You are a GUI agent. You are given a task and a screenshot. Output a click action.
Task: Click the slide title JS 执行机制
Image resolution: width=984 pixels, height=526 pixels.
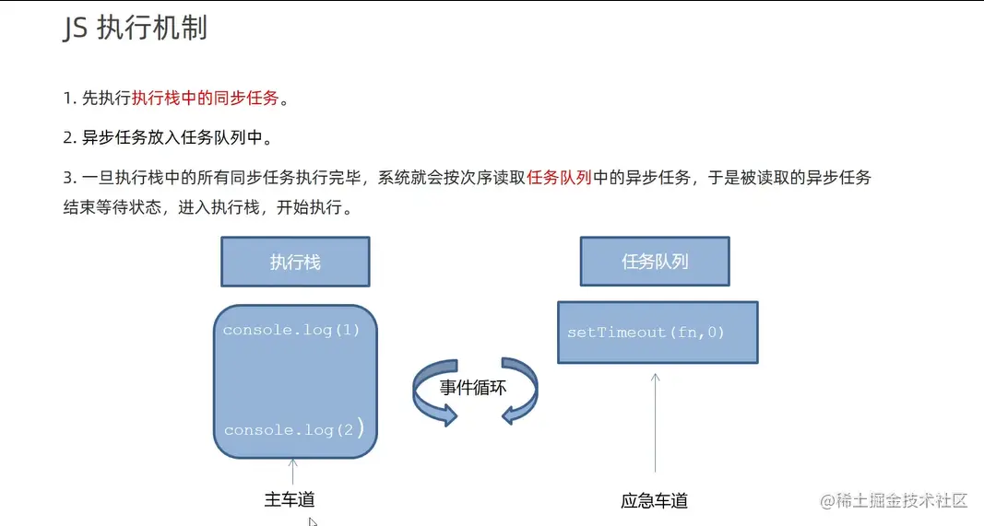(x=135, y=29)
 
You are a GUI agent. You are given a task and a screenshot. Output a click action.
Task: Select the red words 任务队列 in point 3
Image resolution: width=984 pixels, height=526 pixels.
(x=560, y=178)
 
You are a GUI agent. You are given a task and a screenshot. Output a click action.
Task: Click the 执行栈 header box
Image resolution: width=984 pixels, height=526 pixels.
(x=295, y=262)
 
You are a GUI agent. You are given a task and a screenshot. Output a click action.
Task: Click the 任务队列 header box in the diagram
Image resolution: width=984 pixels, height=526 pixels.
(x=655, y=262)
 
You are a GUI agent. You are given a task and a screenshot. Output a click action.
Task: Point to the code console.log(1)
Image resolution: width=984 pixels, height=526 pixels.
(x=291, y=330)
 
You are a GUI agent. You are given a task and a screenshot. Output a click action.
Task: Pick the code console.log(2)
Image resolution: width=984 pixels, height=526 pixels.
(x=293, y=430)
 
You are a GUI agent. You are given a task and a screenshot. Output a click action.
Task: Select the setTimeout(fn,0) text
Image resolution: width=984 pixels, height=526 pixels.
(x=646, y=332)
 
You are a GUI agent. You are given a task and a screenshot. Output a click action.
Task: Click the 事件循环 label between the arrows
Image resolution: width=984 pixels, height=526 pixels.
(x=473, y=387)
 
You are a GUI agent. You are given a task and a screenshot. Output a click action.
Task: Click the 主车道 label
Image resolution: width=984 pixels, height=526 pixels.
(x=290, y=500)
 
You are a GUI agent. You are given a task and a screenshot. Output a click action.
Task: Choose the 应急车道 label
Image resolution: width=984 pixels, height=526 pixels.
(x=655, y=501)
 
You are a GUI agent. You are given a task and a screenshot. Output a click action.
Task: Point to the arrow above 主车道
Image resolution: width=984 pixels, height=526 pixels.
(x=292, y=471)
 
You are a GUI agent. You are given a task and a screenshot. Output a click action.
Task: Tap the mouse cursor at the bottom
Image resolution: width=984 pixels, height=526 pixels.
(x=314, y=521)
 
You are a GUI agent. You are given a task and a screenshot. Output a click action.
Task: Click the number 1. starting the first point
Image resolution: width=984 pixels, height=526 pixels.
(x=70, y=99)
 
